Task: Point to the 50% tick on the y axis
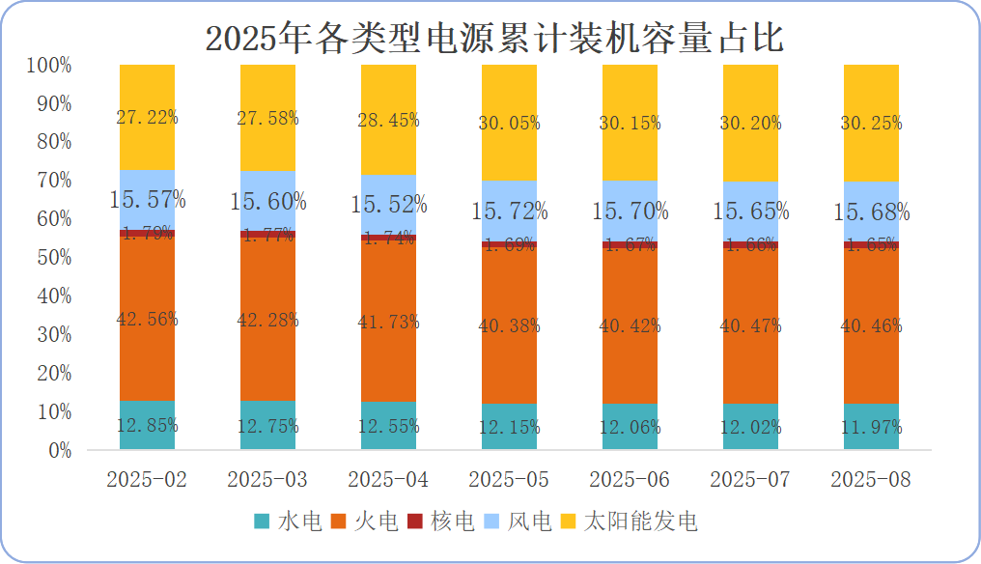(x=49, y=258)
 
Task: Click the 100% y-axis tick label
(x=49, y=66)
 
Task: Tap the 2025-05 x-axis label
(x=508, y=480)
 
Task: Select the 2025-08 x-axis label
(x=870, y=480)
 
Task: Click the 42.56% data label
(x=147, y=320)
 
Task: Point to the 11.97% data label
(x=871, y=427)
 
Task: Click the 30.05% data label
(x=509, y=124)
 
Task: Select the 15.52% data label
(x=388, y=204)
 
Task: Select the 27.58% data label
(x=267, y=118)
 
